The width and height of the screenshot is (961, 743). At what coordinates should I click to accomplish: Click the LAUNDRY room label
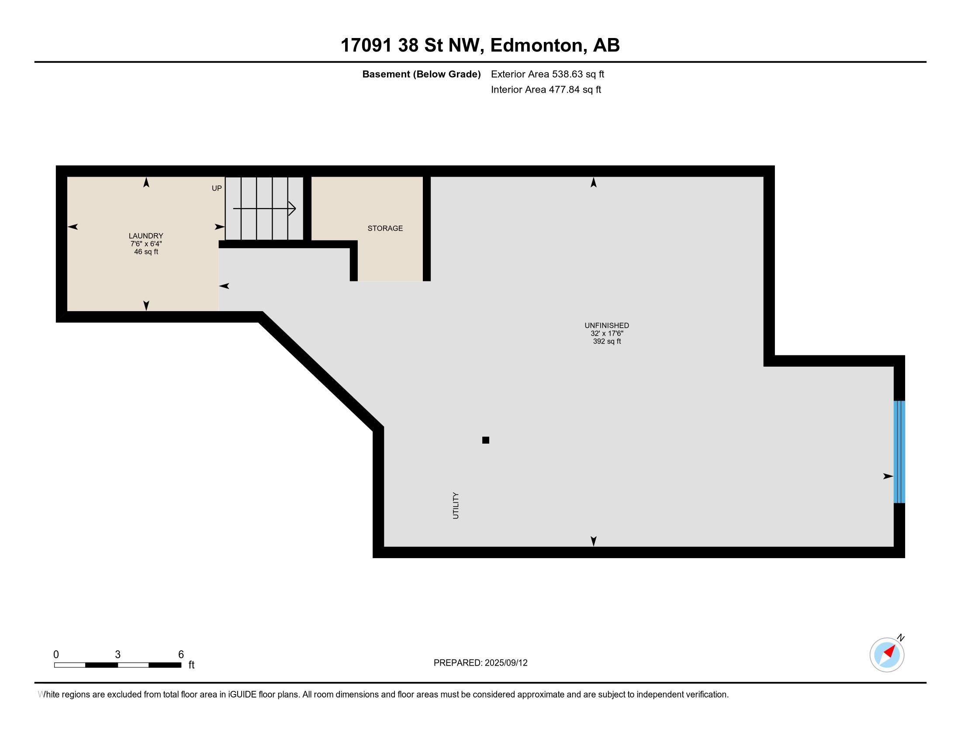click(145, 236)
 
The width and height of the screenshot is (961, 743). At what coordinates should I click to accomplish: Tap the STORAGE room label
click(385, 228)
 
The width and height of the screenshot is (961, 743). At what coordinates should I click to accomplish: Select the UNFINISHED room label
click(607, 325)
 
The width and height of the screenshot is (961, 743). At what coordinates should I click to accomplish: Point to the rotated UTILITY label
click(456, 505)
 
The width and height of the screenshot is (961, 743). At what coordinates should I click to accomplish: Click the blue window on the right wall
click(899, 451)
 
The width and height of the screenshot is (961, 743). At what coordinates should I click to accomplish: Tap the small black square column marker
click(486, 440)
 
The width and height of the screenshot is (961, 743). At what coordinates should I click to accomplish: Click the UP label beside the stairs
click(217, 188)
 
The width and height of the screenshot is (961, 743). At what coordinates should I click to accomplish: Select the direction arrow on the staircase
click(264, 208)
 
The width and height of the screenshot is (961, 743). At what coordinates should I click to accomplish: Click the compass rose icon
click(887, 654)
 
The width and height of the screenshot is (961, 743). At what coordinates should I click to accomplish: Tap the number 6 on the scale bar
click(181, 655)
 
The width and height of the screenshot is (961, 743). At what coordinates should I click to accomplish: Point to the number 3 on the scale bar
click(118, 655)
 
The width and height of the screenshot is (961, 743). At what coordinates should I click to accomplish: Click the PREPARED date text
click(480, 663)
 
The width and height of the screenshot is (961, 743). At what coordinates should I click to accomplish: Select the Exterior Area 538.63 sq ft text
click(547, 74)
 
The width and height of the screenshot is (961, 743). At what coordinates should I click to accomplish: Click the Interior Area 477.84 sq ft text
click(546, 89)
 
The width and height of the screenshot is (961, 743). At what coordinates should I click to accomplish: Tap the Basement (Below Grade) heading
click(421, 74)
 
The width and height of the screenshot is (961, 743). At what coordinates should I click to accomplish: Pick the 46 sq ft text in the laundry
click(146, 252)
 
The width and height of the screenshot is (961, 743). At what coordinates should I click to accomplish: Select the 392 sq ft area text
click(607, 341)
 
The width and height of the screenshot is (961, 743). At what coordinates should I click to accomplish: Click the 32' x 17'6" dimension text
click(607, 333)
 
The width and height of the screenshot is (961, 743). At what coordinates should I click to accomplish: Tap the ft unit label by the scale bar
click(191, 665)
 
